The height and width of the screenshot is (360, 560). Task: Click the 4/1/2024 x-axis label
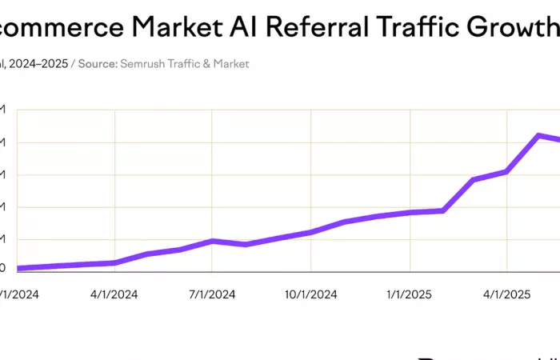114,294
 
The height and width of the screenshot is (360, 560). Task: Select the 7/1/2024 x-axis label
212,294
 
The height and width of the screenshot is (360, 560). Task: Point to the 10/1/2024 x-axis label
310,294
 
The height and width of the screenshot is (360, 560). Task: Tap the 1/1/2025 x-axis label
409,294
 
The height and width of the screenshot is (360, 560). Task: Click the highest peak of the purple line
539,135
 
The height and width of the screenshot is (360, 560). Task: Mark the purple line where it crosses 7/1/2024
212,241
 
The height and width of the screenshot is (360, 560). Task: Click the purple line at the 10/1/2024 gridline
310,232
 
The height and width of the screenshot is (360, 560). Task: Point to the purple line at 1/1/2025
410,212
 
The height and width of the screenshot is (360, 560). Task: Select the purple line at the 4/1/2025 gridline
506,171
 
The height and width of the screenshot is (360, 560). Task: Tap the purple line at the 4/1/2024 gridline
115,262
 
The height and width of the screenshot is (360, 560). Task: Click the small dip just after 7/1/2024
246,244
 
